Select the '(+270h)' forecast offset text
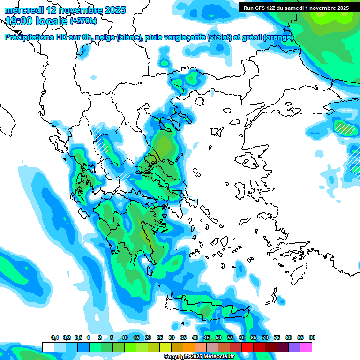pyautogui.click(x=83, y=21)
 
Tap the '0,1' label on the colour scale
pyautogui.click(x=55, y=337)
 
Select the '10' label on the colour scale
pyautogui.click(x=124, y=337)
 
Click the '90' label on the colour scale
pyautogui.click(x=312, y=337)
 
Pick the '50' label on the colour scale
pyautogui.click(x=218, y=337)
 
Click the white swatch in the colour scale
pyautogui.click(x=48, y=347)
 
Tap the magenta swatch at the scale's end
pyautogui.click(x=306, y=347)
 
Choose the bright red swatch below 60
pyautogui.click(x=247, y=347)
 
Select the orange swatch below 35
pyautogui.click(x=189, y=347)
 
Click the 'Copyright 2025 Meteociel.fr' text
pyautogui.click(x=199, y=356)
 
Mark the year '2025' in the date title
pyautogui.click(x=114, y=10)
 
